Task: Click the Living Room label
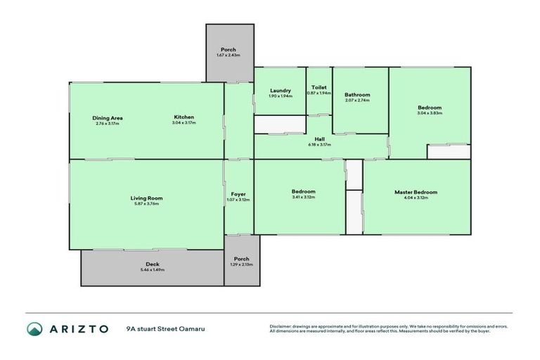146,198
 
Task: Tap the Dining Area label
108,117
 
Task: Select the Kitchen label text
184,117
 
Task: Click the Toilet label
319,88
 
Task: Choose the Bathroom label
357,95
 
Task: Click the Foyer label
238,194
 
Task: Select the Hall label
319,139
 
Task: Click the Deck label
153,264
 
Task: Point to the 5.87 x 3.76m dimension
146,205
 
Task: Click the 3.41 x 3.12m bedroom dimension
304,198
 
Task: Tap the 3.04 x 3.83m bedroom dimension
429,113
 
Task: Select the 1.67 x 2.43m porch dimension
229,56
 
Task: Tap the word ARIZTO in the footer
79,329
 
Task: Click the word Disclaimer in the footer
281,326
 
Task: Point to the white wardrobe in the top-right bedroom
449,151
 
